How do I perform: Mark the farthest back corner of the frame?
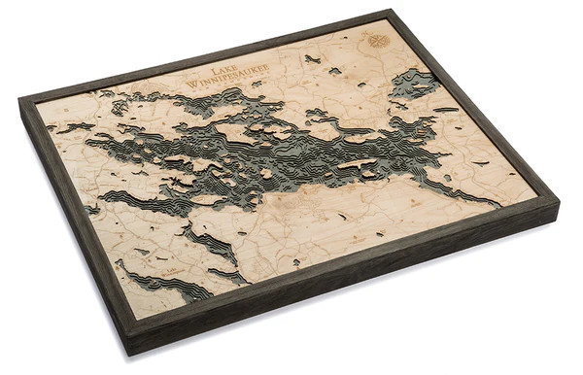click(x=393, y=11)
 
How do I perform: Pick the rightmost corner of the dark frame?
click(x=559, y=200)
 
